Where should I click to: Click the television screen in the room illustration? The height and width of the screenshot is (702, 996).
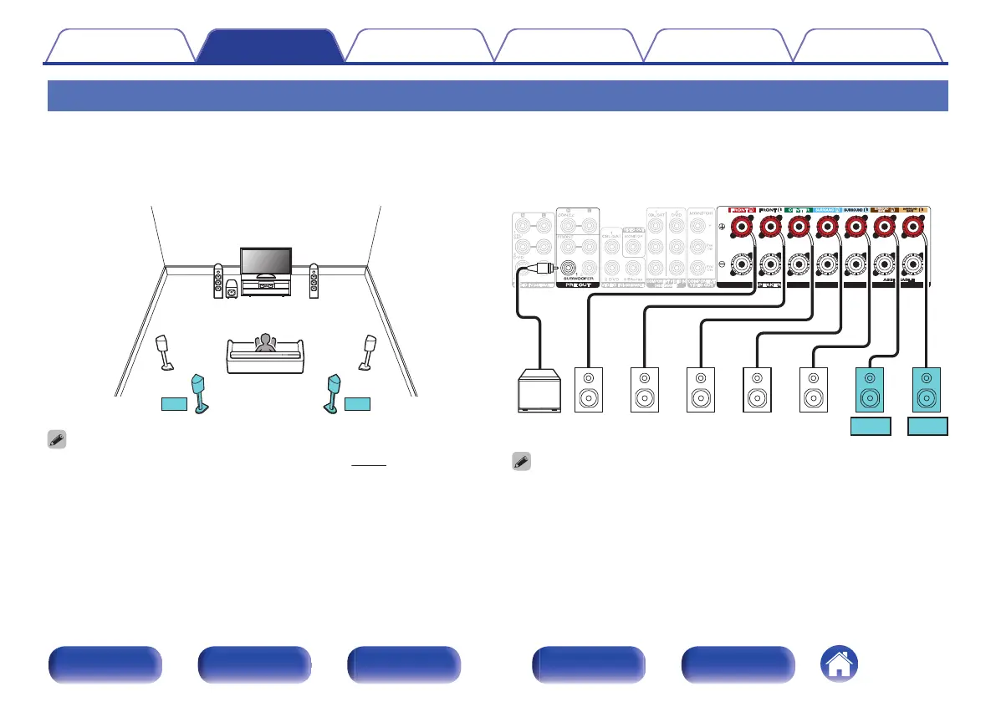[x=265, y=260]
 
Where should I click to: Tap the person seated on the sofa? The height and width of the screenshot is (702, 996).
[x=266, y=345]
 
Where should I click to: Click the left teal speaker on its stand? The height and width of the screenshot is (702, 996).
[x=201, y=392]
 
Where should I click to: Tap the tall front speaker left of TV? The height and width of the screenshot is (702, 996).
[x=218, y=282]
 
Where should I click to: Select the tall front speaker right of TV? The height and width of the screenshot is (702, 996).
[x=314, y=282]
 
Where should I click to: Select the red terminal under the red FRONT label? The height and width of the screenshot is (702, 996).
[x=740, y=227]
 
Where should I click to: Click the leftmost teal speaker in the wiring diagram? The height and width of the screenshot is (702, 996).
[x=871, y=390]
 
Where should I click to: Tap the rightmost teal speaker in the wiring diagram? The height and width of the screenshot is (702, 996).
[x=927, y=390]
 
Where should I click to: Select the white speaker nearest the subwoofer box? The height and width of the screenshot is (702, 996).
[x=589, y=390]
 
